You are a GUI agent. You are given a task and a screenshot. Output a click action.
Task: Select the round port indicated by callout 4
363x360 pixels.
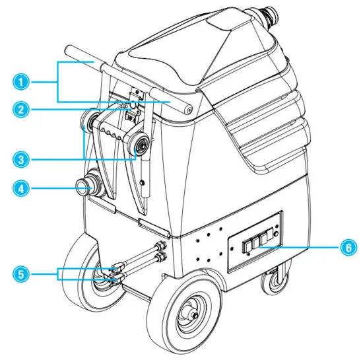click(x=84, y=188)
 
